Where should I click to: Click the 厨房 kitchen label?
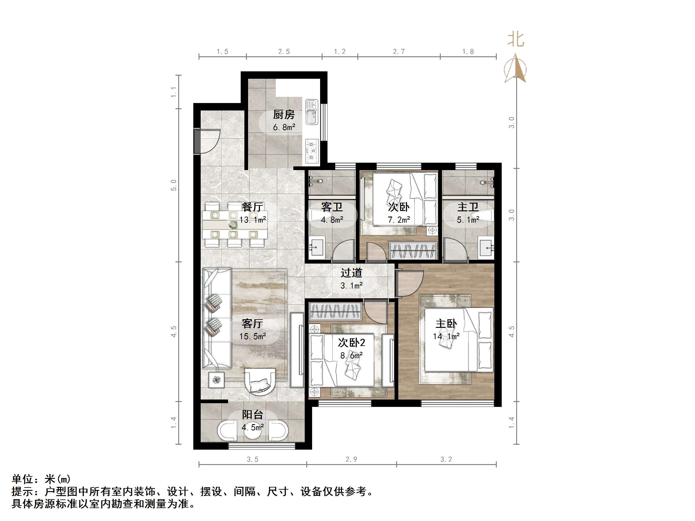click(x=284, y=115)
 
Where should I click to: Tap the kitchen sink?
click(x=311, y=112)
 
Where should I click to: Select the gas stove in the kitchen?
click(x=312, y=151)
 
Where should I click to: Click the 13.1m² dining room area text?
click(x=253, y=220)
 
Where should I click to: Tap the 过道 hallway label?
click(x=351, y=272)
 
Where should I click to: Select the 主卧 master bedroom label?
click(x=446, y=324)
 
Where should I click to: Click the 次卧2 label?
click(x=351, y=342)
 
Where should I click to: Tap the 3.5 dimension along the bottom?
click(x=252, y=459)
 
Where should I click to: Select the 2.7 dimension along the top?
click(x=399, y=51)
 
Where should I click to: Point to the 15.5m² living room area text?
click(x=253, y=336)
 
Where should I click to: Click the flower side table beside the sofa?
click(x=216, y=380)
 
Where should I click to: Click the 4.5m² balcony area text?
click(x=253, y=428)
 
